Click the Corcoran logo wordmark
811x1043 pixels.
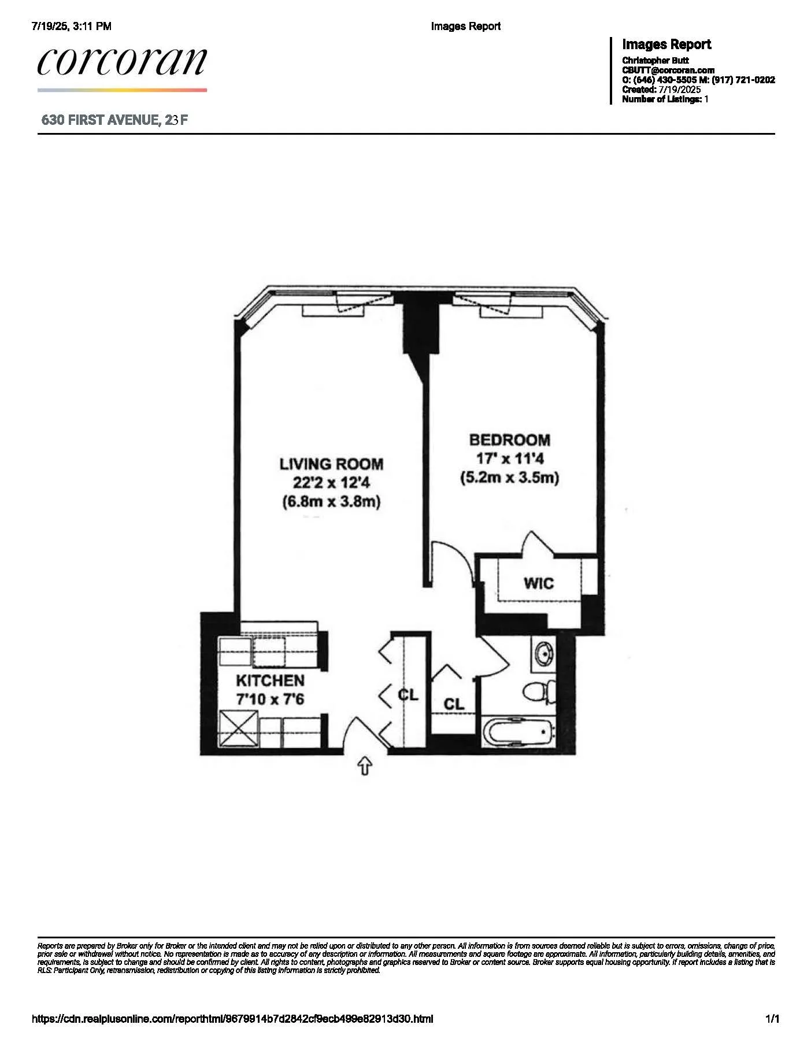click(x=122, y=61)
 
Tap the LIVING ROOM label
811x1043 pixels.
click(x=331, y=464)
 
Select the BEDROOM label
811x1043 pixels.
click(x=509, y=440)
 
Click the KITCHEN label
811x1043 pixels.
click(x=270, y=680)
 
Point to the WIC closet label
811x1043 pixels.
click(x=539, y=583)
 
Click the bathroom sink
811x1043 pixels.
click(x=543, y=654)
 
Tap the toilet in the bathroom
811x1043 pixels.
click(x=538, y=691)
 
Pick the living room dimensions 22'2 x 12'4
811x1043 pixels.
click(x=331, y=483)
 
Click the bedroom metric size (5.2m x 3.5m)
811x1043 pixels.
click(x=509, y=478)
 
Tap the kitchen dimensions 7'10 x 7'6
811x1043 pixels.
click(x=270, y=699)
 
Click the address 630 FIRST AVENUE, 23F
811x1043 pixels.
click(x=114, y=120)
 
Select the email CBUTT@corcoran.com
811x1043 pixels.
click(x=668, y=70)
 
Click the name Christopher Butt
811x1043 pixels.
click(x=656, y=60)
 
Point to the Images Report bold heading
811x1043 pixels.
click(x=666, y=45)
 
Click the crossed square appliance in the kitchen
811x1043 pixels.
click(x=238, y=730)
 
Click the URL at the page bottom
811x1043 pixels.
click(x=232, y=1019)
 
